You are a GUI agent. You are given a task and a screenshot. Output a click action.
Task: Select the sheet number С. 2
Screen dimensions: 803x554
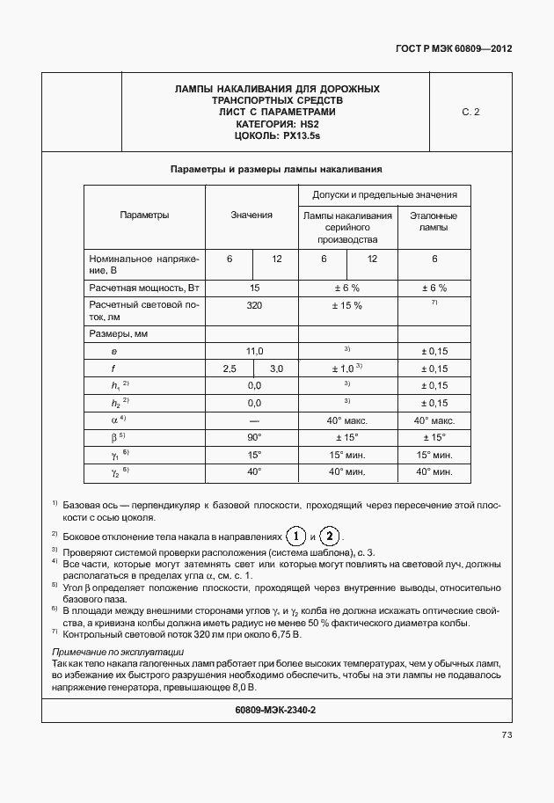tap(470, 112)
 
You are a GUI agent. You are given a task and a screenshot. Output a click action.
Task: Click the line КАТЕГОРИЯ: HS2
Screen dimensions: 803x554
tap(276, 124)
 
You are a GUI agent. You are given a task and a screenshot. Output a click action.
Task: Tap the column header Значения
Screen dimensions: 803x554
tap(251, 215)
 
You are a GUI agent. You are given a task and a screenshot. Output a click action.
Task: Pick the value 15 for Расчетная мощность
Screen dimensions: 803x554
tap(254, 288)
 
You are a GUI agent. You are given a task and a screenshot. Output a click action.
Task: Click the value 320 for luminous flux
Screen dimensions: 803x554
tap(254, 305)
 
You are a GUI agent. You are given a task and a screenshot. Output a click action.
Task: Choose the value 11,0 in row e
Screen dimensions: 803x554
tap(254, 351)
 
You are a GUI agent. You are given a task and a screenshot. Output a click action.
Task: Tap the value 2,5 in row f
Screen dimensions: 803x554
tap(230, 369)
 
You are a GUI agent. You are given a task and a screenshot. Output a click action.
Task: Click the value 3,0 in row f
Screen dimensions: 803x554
tap(276, 369)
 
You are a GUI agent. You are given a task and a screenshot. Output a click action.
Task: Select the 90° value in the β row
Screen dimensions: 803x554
tap(254, 437)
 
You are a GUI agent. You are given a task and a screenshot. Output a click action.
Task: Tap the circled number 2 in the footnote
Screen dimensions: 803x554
tap(329, 537)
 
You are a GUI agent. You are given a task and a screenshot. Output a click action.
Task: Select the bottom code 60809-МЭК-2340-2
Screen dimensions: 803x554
tap(276, 709)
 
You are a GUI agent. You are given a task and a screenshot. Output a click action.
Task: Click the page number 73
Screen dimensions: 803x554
tap(507, 734)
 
